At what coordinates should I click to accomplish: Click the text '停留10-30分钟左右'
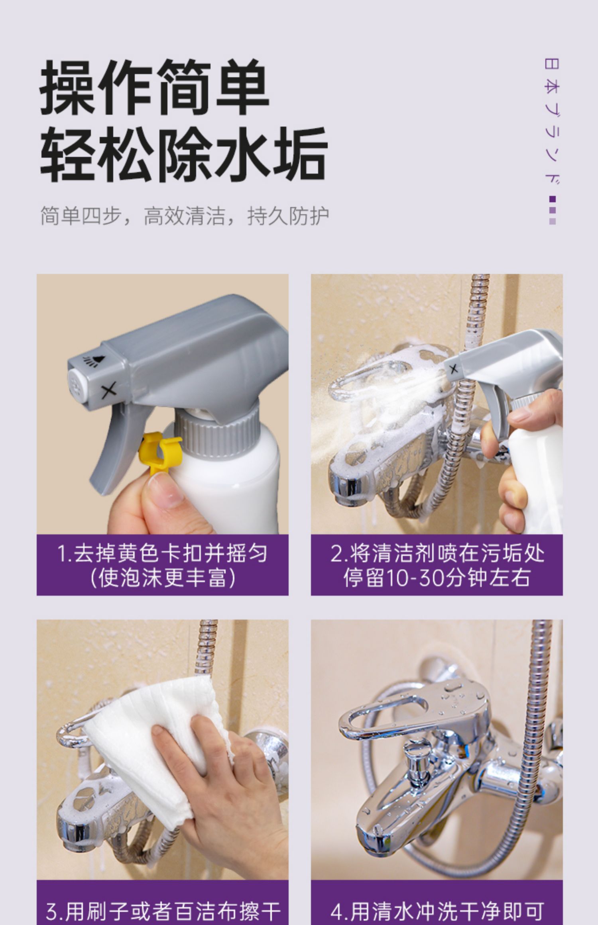click(x=437, y=578)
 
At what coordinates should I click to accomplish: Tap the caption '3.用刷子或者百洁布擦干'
click(x=163, y=910)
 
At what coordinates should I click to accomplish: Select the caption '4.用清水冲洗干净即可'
click(x=437, y=910)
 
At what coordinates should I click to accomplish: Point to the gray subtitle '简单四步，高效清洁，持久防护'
click(x=185, y=216)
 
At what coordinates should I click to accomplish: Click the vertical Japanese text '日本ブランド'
click(x=552, y=122)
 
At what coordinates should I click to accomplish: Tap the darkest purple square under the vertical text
click(x=552, y=199)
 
